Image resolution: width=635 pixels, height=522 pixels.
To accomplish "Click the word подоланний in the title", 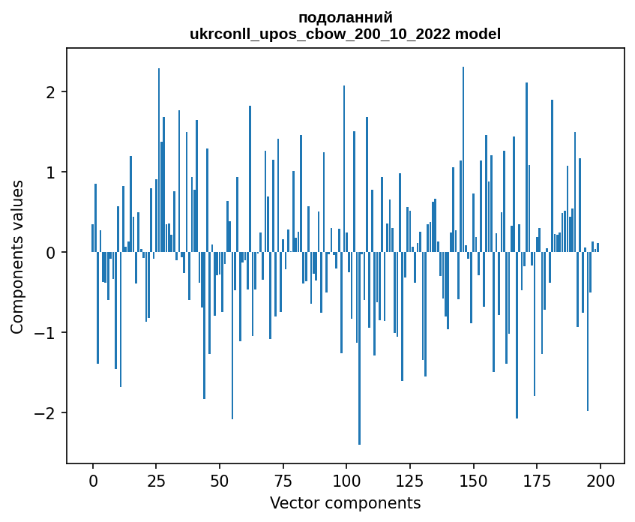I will click(345, 18).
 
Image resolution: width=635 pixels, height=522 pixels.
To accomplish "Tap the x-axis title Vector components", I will click(345, 502).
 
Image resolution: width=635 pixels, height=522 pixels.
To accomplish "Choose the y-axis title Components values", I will click(17, 256).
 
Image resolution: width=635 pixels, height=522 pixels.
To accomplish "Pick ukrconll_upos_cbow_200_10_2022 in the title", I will click(319, 34).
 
